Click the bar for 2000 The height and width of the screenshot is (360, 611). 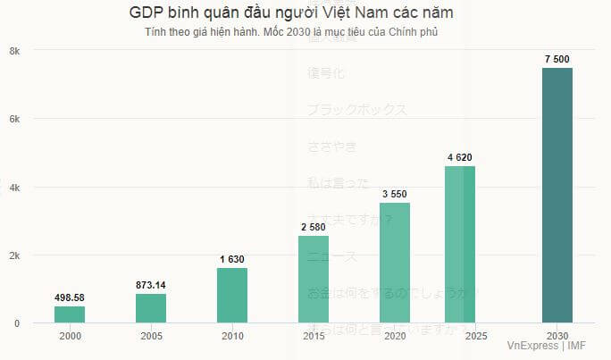tap(70, 314)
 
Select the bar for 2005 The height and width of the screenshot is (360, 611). tap(151, 308)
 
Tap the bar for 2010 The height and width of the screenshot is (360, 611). tap(232, 296)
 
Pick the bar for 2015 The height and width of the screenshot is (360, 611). tap(314, 279)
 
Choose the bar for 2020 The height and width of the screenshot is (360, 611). tap(395, 263)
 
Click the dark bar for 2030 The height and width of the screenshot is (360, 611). tap(557, 195)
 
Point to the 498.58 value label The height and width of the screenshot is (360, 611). tap(70, 297)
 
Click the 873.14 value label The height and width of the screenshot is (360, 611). tap(151, 285)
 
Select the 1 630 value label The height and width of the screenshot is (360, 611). tap(232, 259)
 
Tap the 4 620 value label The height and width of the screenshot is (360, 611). tap(460, 157)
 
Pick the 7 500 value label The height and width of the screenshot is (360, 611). tap(557, 59)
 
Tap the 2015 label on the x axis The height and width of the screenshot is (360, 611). tap(314, 336)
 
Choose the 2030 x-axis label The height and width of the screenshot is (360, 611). tap(557, 336)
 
